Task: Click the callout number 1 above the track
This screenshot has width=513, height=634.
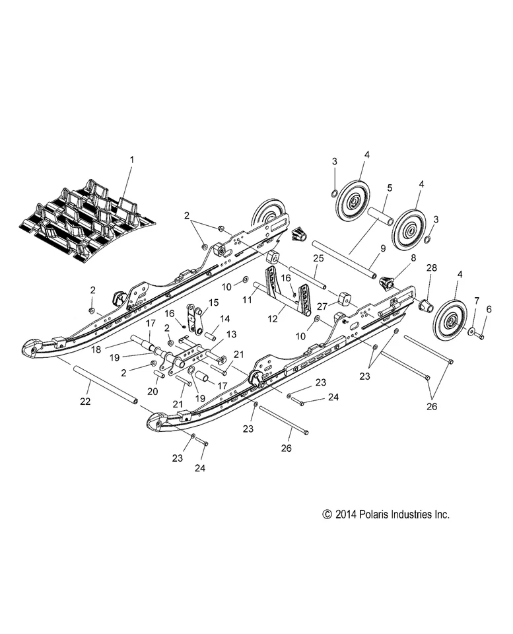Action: coord(131,159)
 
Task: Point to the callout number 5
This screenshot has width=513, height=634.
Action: coord(390,188)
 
